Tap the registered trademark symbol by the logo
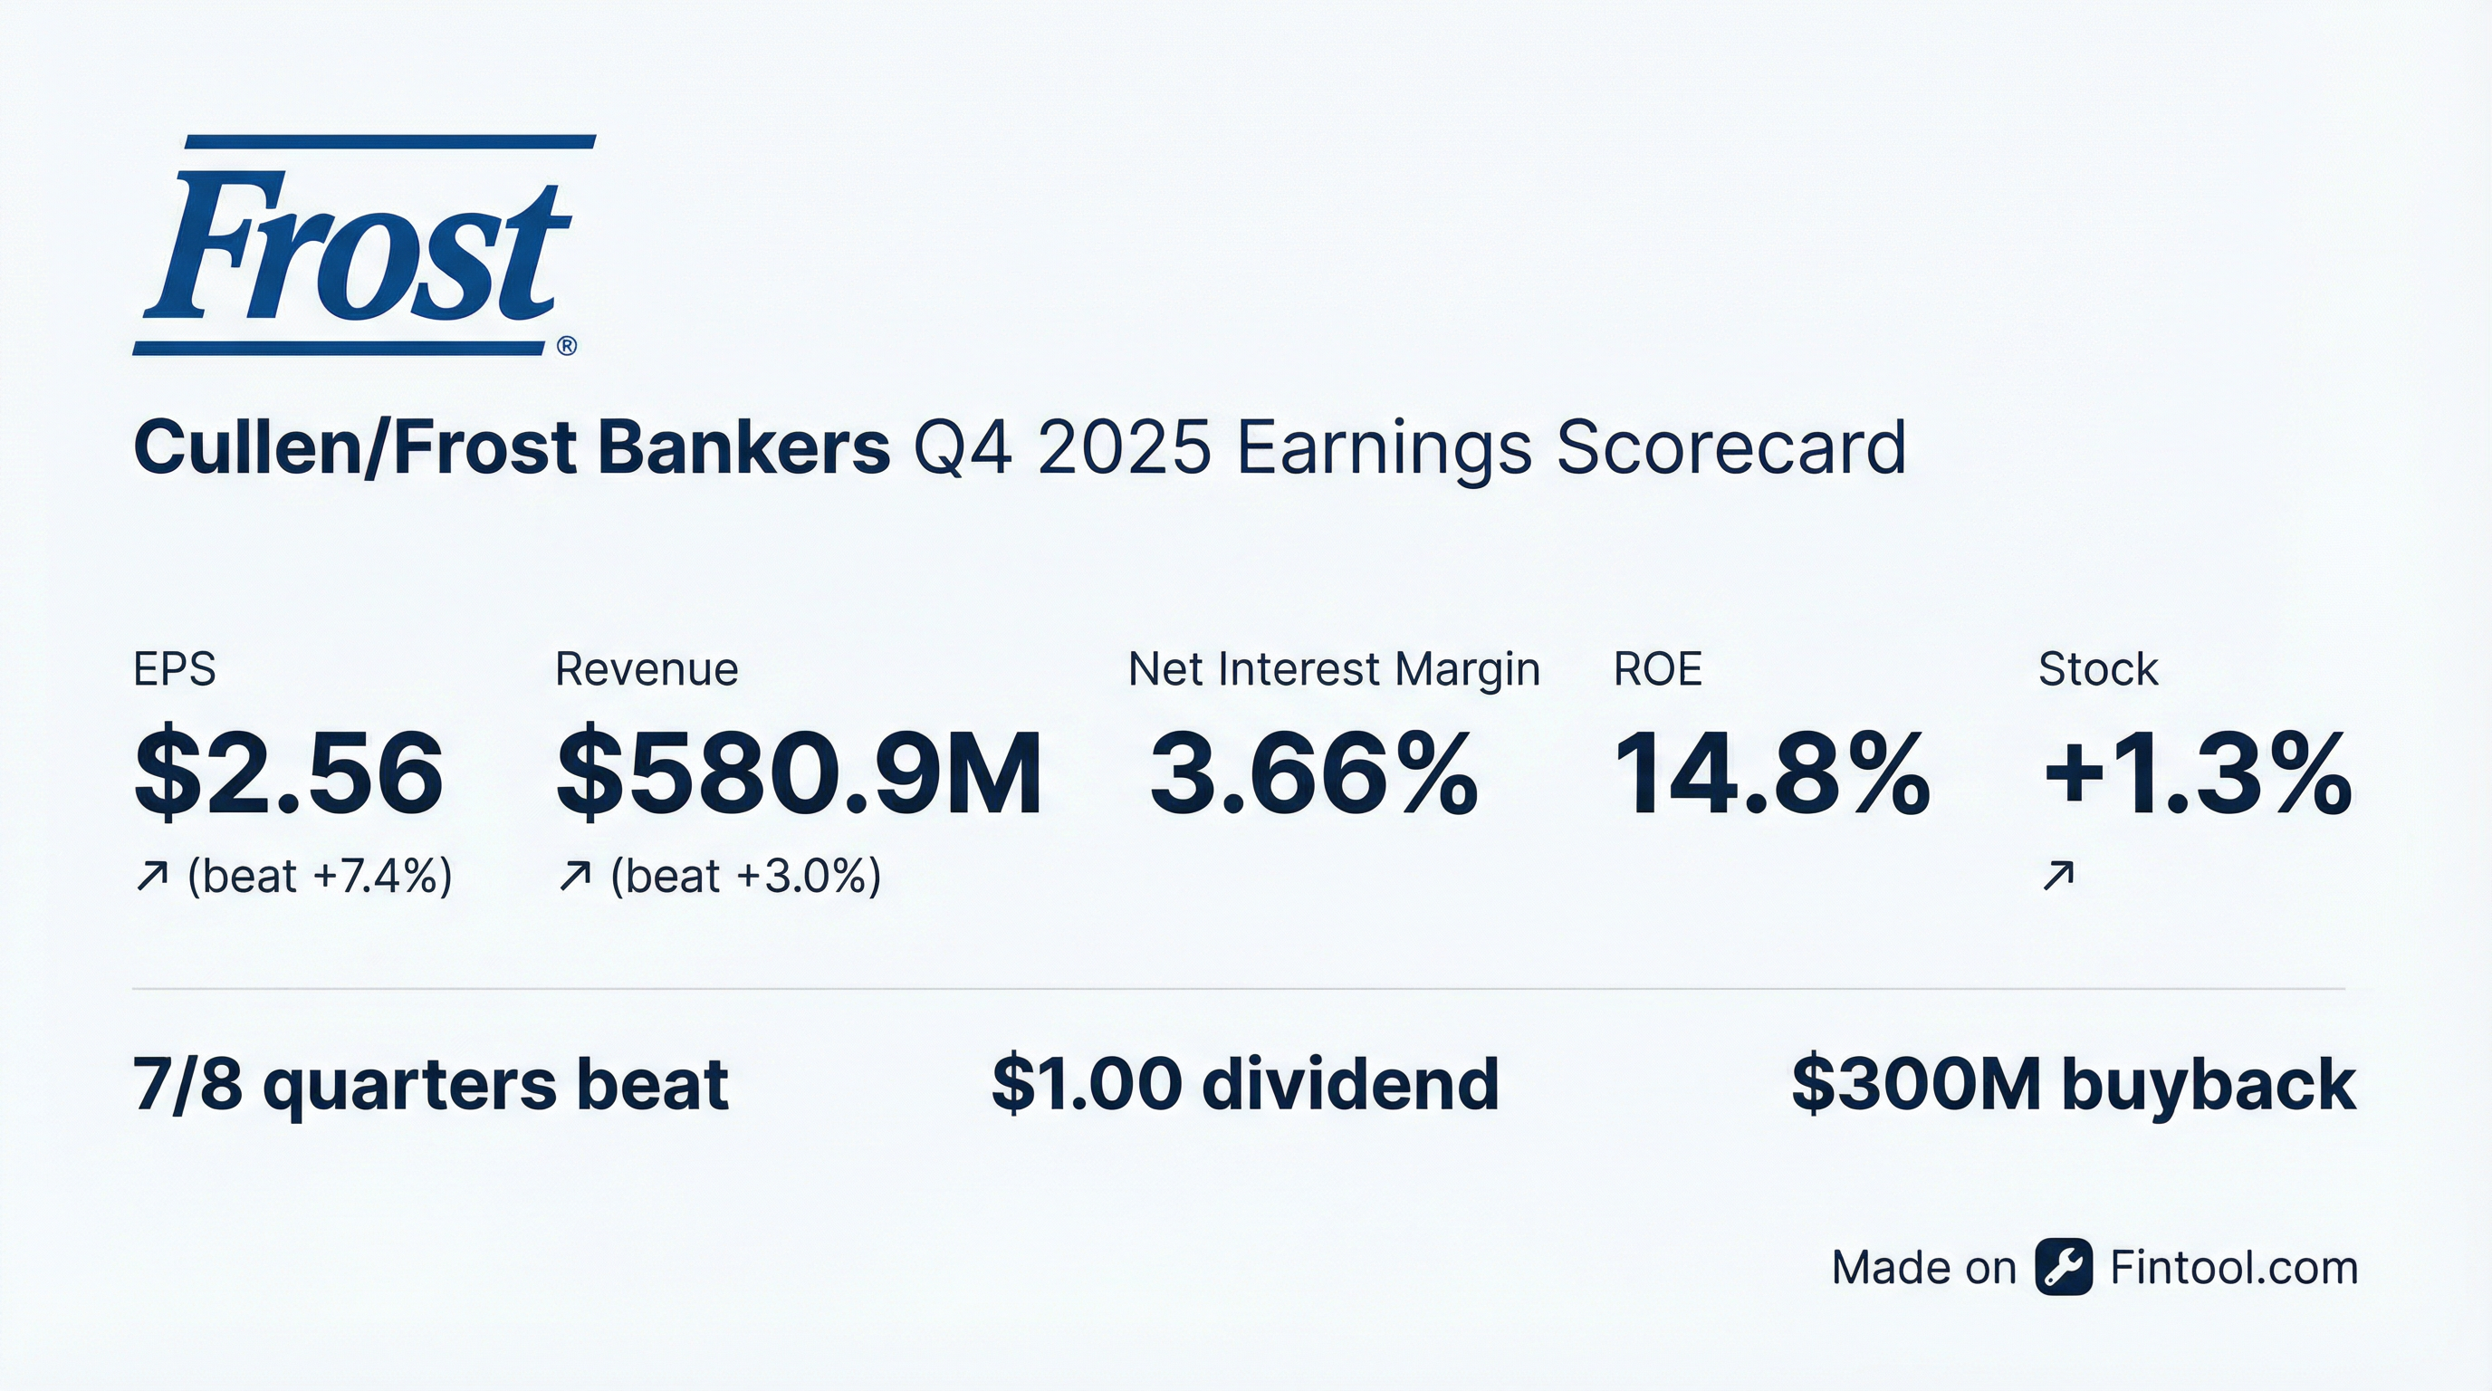[567, 346]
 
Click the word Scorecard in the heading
[1730, 448]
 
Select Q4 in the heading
[963, 448]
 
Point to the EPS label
[174, 669]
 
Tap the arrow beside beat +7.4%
[152, 877]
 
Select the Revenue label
[647, 669]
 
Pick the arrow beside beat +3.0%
[575, 877]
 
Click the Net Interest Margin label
[1333, 669]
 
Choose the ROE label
[1657, 669]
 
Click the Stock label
[2097, 669]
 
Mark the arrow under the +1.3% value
[2057, 877]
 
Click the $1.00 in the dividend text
[1087, 1083]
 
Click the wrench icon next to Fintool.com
[2064, 1266]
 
